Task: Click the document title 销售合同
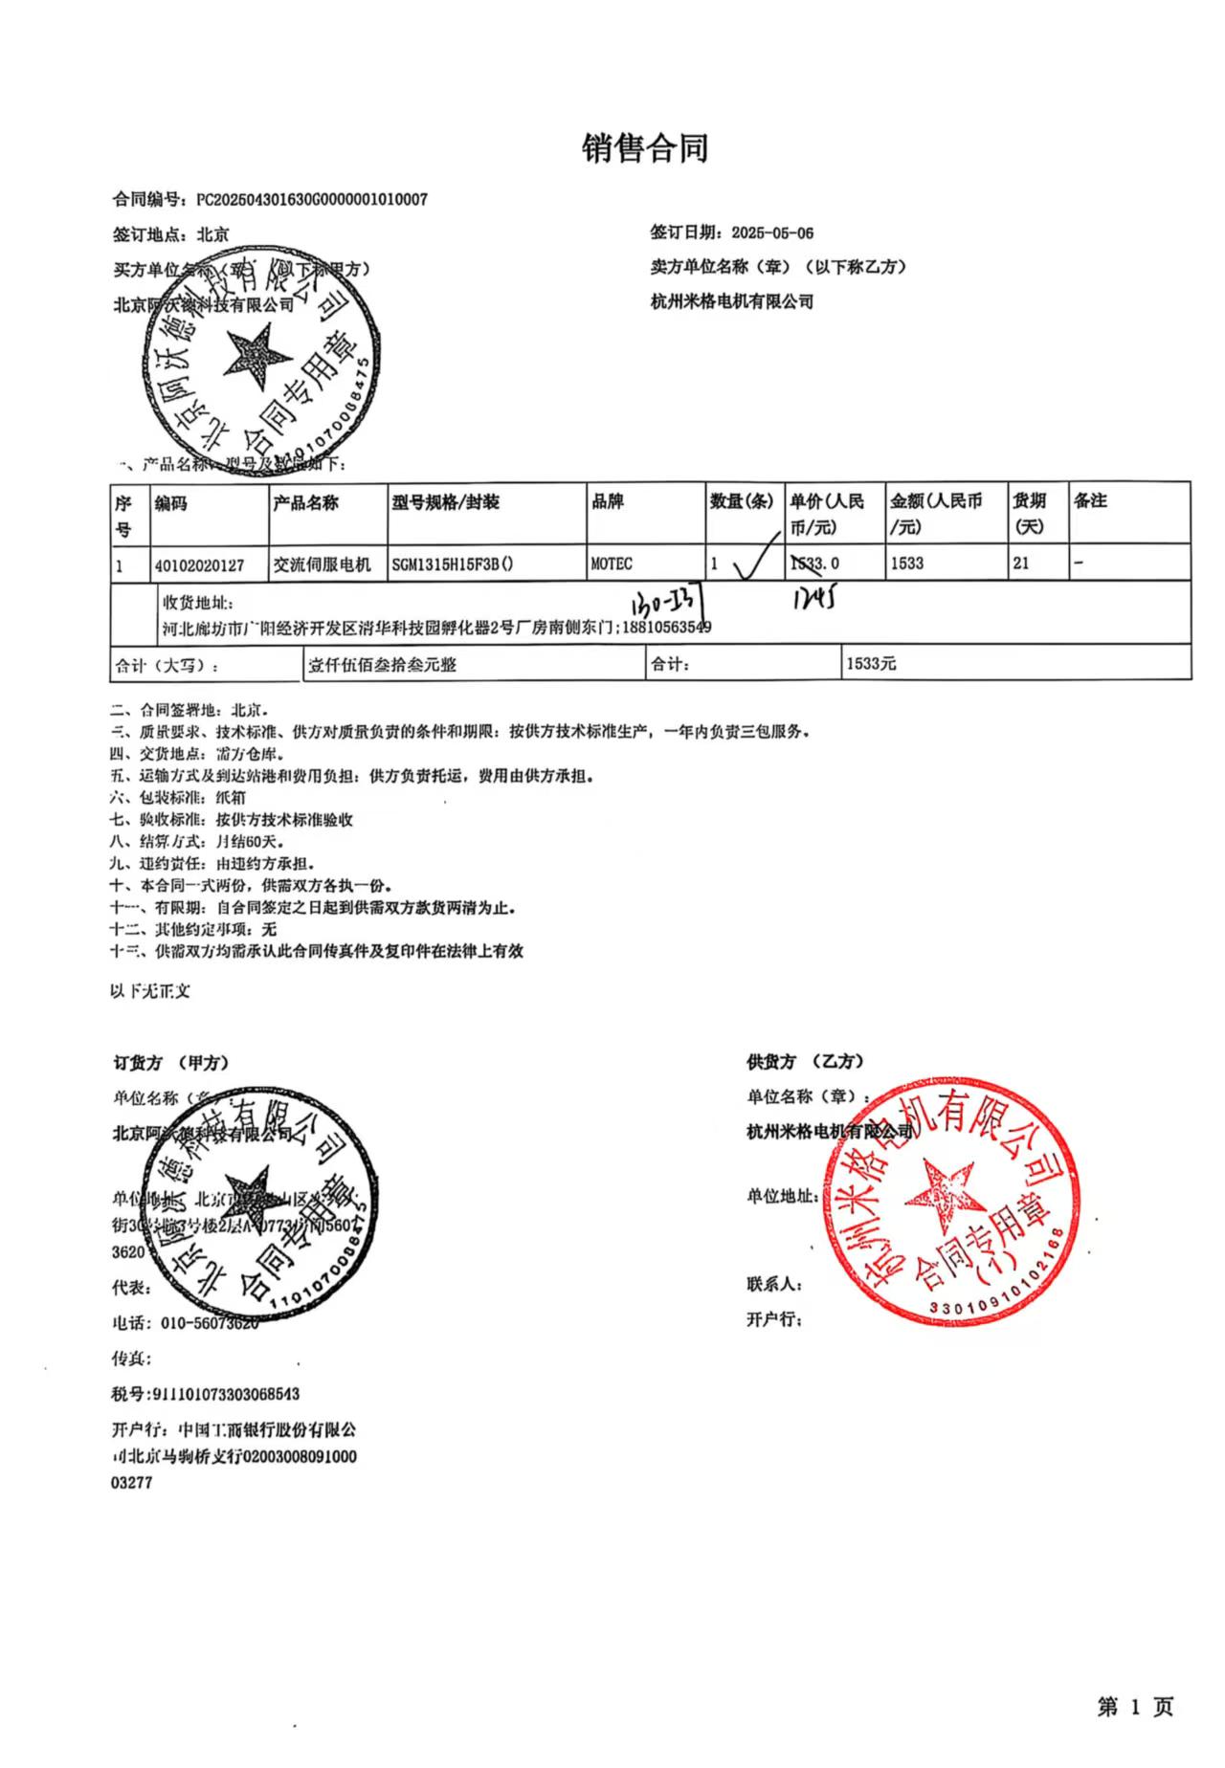click(x=645, y=149)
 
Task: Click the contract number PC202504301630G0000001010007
click(x=312, y=200)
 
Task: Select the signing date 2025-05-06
click(x=772, y=232)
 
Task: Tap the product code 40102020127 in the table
click(x=200, y=564)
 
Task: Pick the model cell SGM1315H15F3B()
click(x=452, y=564)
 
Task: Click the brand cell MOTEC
click(x=612, y=564)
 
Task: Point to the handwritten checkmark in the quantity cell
click(x=756, y=564)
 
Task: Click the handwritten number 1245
click(x=814, y=599)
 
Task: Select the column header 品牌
click(x=608, y=501)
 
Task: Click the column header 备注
click(x=1090, y=500)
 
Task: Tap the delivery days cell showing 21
click(x=1021, y=563)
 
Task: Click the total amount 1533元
click(x=871, y=663)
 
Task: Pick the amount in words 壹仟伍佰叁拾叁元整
click(x=382, y=664)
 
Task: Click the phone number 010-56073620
click(x=206, y=1323)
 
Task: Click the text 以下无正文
click(x=150, y=991)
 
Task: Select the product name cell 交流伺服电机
click(x=322, y=564)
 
